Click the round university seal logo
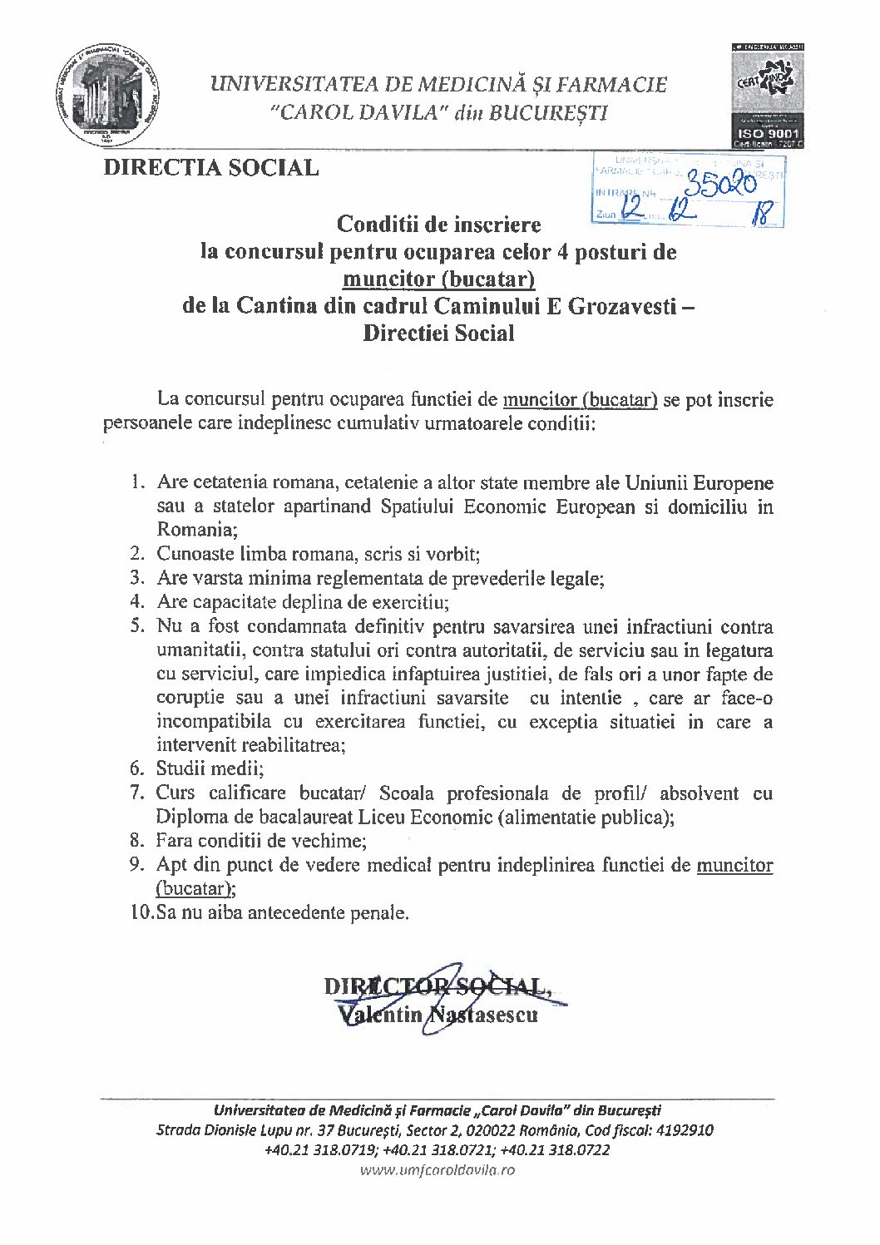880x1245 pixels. (x=108, y=94)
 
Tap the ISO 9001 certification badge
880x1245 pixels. (x=767, y=97)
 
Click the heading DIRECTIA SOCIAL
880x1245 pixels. (x=210, y=168)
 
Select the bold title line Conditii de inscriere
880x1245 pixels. (x=438, y=225)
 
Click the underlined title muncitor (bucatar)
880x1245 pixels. (x=438, y=279)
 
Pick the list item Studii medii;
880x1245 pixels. (x=210, y=768)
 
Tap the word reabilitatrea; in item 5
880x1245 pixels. (x=294, y=745)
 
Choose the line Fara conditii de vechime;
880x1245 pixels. (x=260, y=841)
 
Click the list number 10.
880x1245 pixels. (x=141, y=912)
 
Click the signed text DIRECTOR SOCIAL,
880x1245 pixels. (x=437, y=987)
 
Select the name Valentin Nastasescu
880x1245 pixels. (x=438, y=1015)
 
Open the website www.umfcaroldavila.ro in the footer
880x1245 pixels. (x=438, y=1170)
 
